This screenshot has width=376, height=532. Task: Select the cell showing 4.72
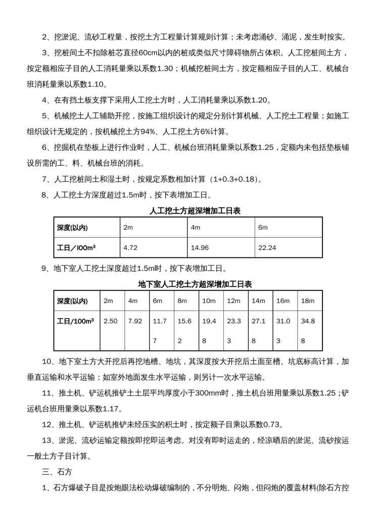point(130,248)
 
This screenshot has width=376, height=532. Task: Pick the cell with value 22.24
point(267,248)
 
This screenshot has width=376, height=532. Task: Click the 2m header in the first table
point(128,228)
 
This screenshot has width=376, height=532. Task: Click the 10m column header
point(209,301)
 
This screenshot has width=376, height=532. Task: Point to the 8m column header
point(182,301)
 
